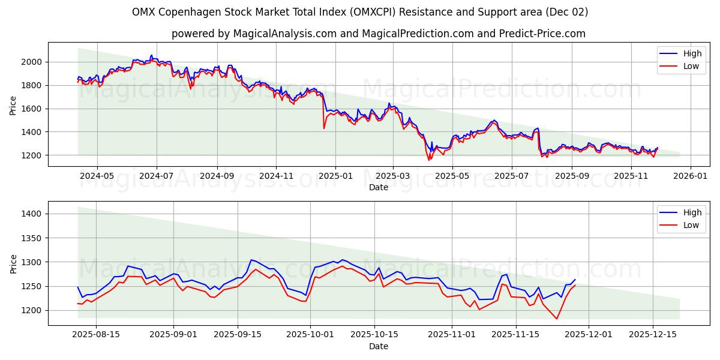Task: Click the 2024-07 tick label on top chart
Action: (x=157, y=176)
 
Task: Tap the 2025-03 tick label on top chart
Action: (x=393, y=176)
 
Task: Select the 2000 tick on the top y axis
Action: (x=31, y=62)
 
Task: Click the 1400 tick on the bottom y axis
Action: (x=31, y=214)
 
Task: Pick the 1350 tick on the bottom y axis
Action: (x=31, y=238)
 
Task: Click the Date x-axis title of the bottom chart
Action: (x=378, y=346)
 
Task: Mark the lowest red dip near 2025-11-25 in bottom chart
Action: (x=557, y=319)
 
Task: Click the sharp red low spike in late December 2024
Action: (x=324, y=128)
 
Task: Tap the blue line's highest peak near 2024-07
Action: (x=151, y=55)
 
